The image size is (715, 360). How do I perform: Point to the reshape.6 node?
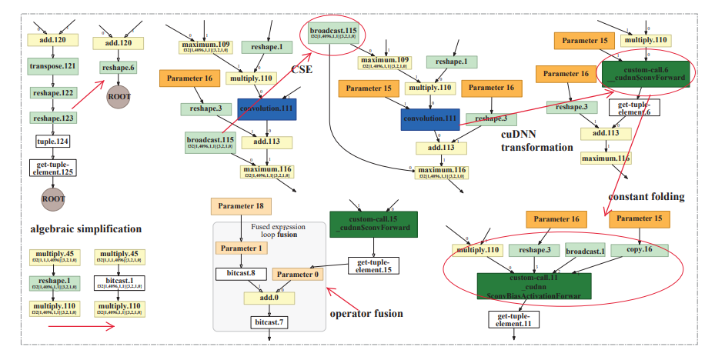(119, 68)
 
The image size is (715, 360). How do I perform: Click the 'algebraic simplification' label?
(85, 229)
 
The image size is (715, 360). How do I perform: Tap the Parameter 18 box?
(241, 206)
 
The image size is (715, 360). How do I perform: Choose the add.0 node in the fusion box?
(268, 297)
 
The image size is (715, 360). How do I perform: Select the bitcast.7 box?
(269, 322)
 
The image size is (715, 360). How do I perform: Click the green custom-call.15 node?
(373, 224)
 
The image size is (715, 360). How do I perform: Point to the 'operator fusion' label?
(366, 313)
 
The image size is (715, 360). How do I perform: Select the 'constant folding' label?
(646, 197)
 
